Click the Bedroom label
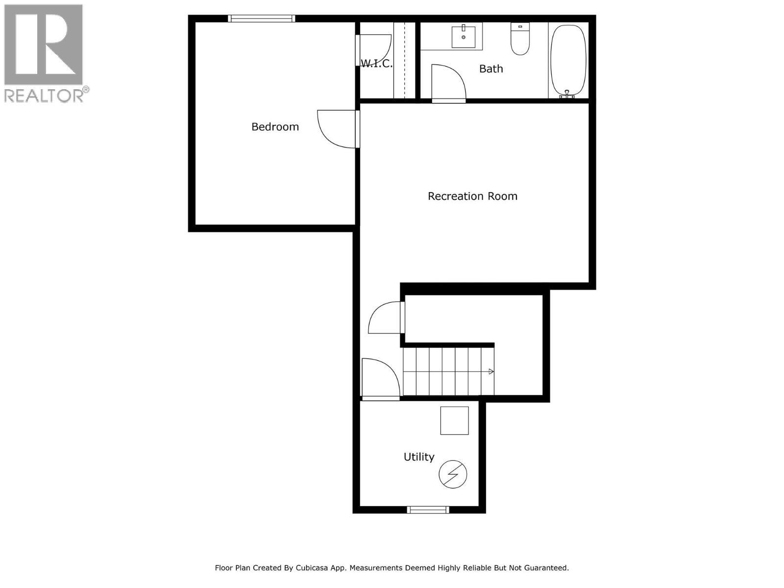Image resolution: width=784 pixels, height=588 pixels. [x=275, y=127]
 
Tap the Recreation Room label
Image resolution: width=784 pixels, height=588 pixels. [x=472, y=196]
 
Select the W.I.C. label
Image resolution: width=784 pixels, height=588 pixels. [x=376, y=63]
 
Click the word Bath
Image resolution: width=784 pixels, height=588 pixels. [x=491, y=69]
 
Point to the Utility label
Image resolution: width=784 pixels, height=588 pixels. [x=419, y=457]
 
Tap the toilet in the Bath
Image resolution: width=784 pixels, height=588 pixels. [x=520, y=39]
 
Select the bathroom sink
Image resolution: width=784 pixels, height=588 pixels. [x=464, y=36]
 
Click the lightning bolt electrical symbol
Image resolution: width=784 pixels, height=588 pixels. [x=453, y=474]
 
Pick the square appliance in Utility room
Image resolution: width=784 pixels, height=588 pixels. [x=454, y=420]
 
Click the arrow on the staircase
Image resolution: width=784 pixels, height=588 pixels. [x=491, y=371]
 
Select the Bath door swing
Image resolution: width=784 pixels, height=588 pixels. [x=447, y=83]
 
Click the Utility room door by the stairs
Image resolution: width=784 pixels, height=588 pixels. [x=379, y=378]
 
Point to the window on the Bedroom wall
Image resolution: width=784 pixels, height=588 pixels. [x=262, y=19]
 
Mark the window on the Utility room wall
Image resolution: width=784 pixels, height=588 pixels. [x=428, y=510]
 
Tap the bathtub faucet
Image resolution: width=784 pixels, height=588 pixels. [x=567, y=95]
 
